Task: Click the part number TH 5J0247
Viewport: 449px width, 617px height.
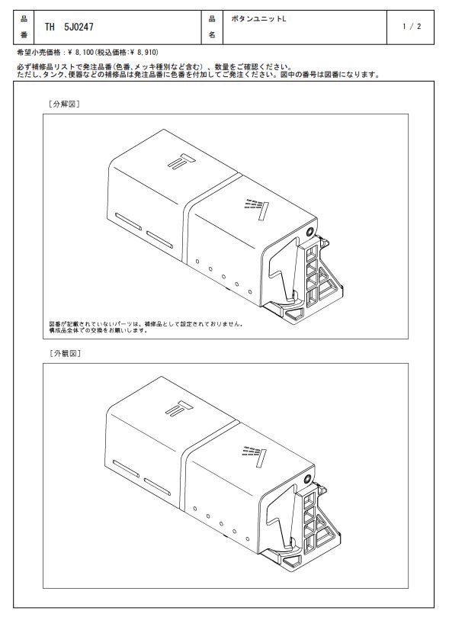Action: (69, 27)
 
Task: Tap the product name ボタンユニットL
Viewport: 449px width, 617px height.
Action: (258, 19)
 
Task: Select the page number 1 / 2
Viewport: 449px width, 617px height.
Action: (412, 27)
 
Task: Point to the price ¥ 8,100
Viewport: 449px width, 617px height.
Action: (81, 53)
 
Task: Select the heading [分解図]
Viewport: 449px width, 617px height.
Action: (64, 104)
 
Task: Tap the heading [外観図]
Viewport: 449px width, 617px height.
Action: (65, 353)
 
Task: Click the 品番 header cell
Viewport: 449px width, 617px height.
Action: (24, 27)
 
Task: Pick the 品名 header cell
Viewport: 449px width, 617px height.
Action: (212, 27)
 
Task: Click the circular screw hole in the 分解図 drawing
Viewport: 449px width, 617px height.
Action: (310, 231)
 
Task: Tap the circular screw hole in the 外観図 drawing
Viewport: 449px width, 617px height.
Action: (308, 478)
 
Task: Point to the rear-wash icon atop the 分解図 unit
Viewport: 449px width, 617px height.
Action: (181, 161)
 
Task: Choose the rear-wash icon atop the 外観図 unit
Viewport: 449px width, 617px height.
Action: (179, 409)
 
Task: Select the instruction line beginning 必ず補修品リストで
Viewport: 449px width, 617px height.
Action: (155, 67)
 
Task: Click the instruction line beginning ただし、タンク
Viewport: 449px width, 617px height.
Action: (198, 75)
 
